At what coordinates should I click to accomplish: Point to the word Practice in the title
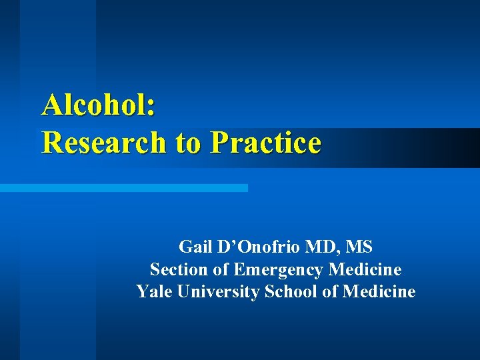266,142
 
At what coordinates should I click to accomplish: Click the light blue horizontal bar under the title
123,188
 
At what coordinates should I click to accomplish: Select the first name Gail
195,247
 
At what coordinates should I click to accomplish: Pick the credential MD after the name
321,247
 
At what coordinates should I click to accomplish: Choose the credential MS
360,247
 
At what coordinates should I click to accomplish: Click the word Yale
152,292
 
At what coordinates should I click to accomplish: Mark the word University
217,292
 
